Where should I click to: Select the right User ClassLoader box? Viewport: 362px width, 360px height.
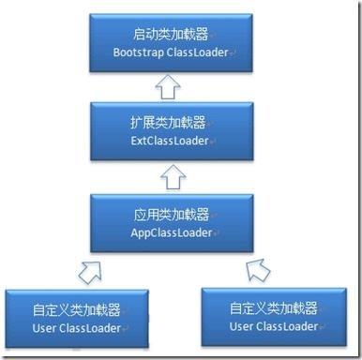(x=272, y=317)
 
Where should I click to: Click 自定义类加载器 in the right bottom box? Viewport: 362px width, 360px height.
(x=273, y=307)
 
